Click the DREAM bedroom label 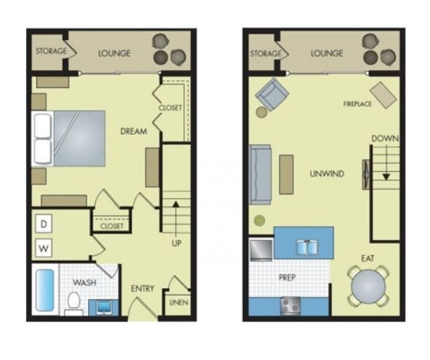135,132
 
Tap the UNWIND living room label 327,174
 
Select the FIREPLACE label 358,104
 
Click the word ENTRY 143,289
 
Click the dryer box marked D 44,225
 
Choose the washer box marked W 44,249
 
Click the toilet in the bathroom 73,300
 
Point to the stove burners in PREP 292,304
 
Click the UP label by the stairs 176,243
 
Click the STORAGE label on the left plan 51,52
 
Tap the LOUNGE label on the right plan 327,54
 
